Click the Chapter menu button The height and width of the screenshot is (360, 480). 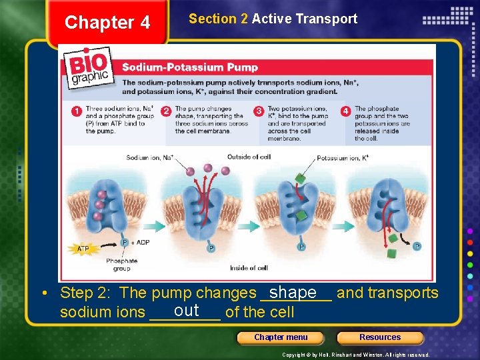[x=281, y=337]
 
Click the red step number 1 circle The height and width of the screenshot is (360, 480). [x=77, y=111]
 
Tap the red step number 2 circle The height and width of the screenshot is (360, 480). [x=166, y=111]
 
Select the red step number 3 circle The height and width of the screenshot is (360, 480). [x=259, y=111]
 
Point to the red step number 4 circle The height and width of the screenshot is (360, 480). [x=345, y=111]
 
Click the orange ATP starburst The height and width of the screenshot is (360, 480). [x=83, y=249]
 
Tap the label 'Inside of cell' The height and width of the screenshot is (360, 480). [x=249, y=268]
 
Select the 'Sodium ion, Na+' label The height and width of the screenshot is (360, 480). [x=149, y=157]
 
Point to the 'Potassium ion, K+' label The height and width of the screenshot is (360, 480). [x=343, y=158]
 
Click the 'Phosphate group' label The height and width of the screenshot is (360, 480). [x=121, y=265]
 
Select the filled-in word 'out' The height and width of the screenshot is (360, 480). [x=186, y=310]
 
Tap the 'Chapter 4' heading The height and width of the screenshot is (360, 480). [x=107, y=23]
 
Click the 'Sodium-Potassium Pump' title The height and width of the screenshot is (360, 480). [x=189, y=67]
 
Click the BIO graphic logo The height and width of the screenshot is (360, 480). [x=89, y=71]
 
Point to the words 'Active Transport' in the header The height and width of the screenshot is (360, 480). [x=304, y=19]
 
